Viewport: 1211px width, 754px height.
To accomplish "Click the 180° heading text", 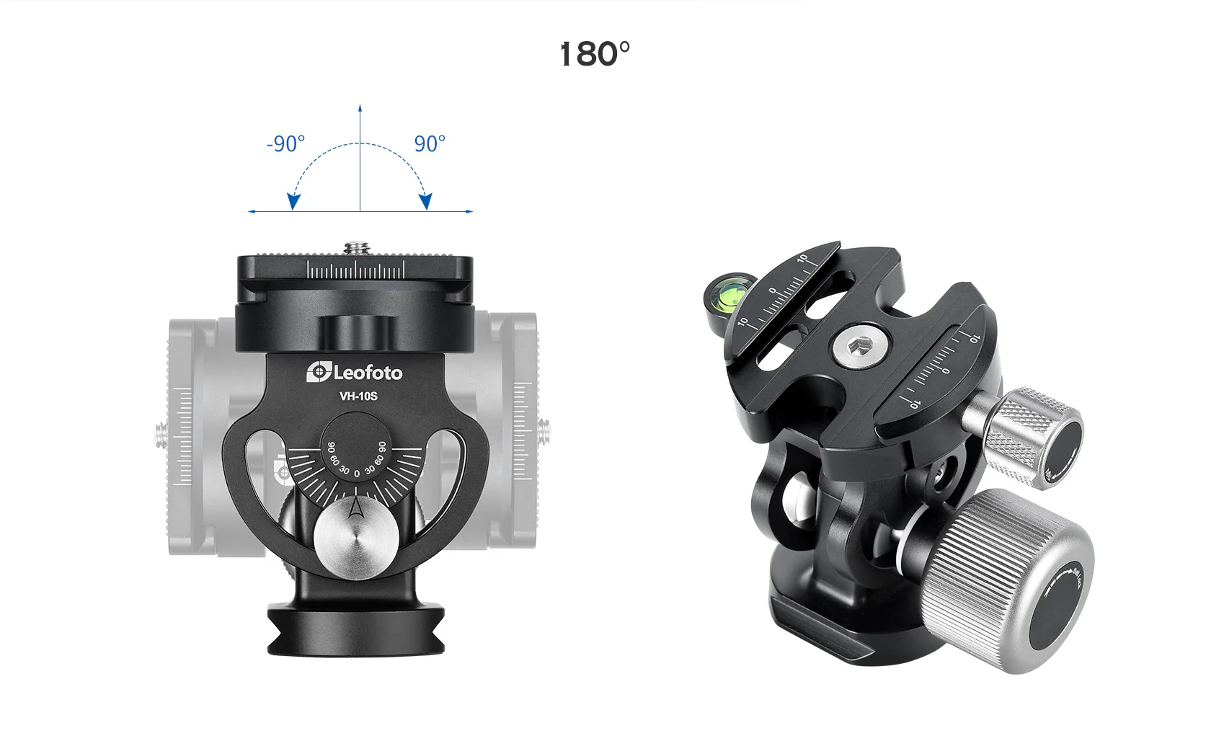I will [x=595, y=54].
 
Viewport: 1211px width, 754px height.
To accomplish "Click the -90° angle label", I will [x=285, y=143].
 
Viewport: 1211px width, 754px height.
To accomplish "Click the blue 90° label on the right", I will [x=430, y=143].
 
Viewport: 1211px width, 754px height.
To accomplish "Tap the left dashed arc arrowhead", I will [x=293, y=202].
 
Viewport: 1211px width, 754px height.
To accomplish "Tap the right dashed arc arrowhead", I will [x=426, y=202].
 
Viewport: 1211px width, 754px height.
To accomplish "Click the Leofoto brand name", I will [x=368, y=373].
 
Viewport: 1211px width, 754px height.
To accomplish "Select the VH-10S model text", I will [x=358, y=396].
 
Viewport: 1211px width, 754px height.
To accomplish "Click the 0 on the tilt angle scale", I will [x=357, y=474].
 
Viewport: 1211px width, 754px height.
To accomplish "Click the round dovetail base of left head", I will [x=356, y=631].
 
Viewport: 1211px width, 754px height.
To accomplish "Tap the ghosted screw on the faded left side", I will [x=161, y=435].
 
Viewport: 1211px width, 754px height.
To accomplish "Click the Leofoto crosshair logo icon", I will [x=318, y=372].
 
